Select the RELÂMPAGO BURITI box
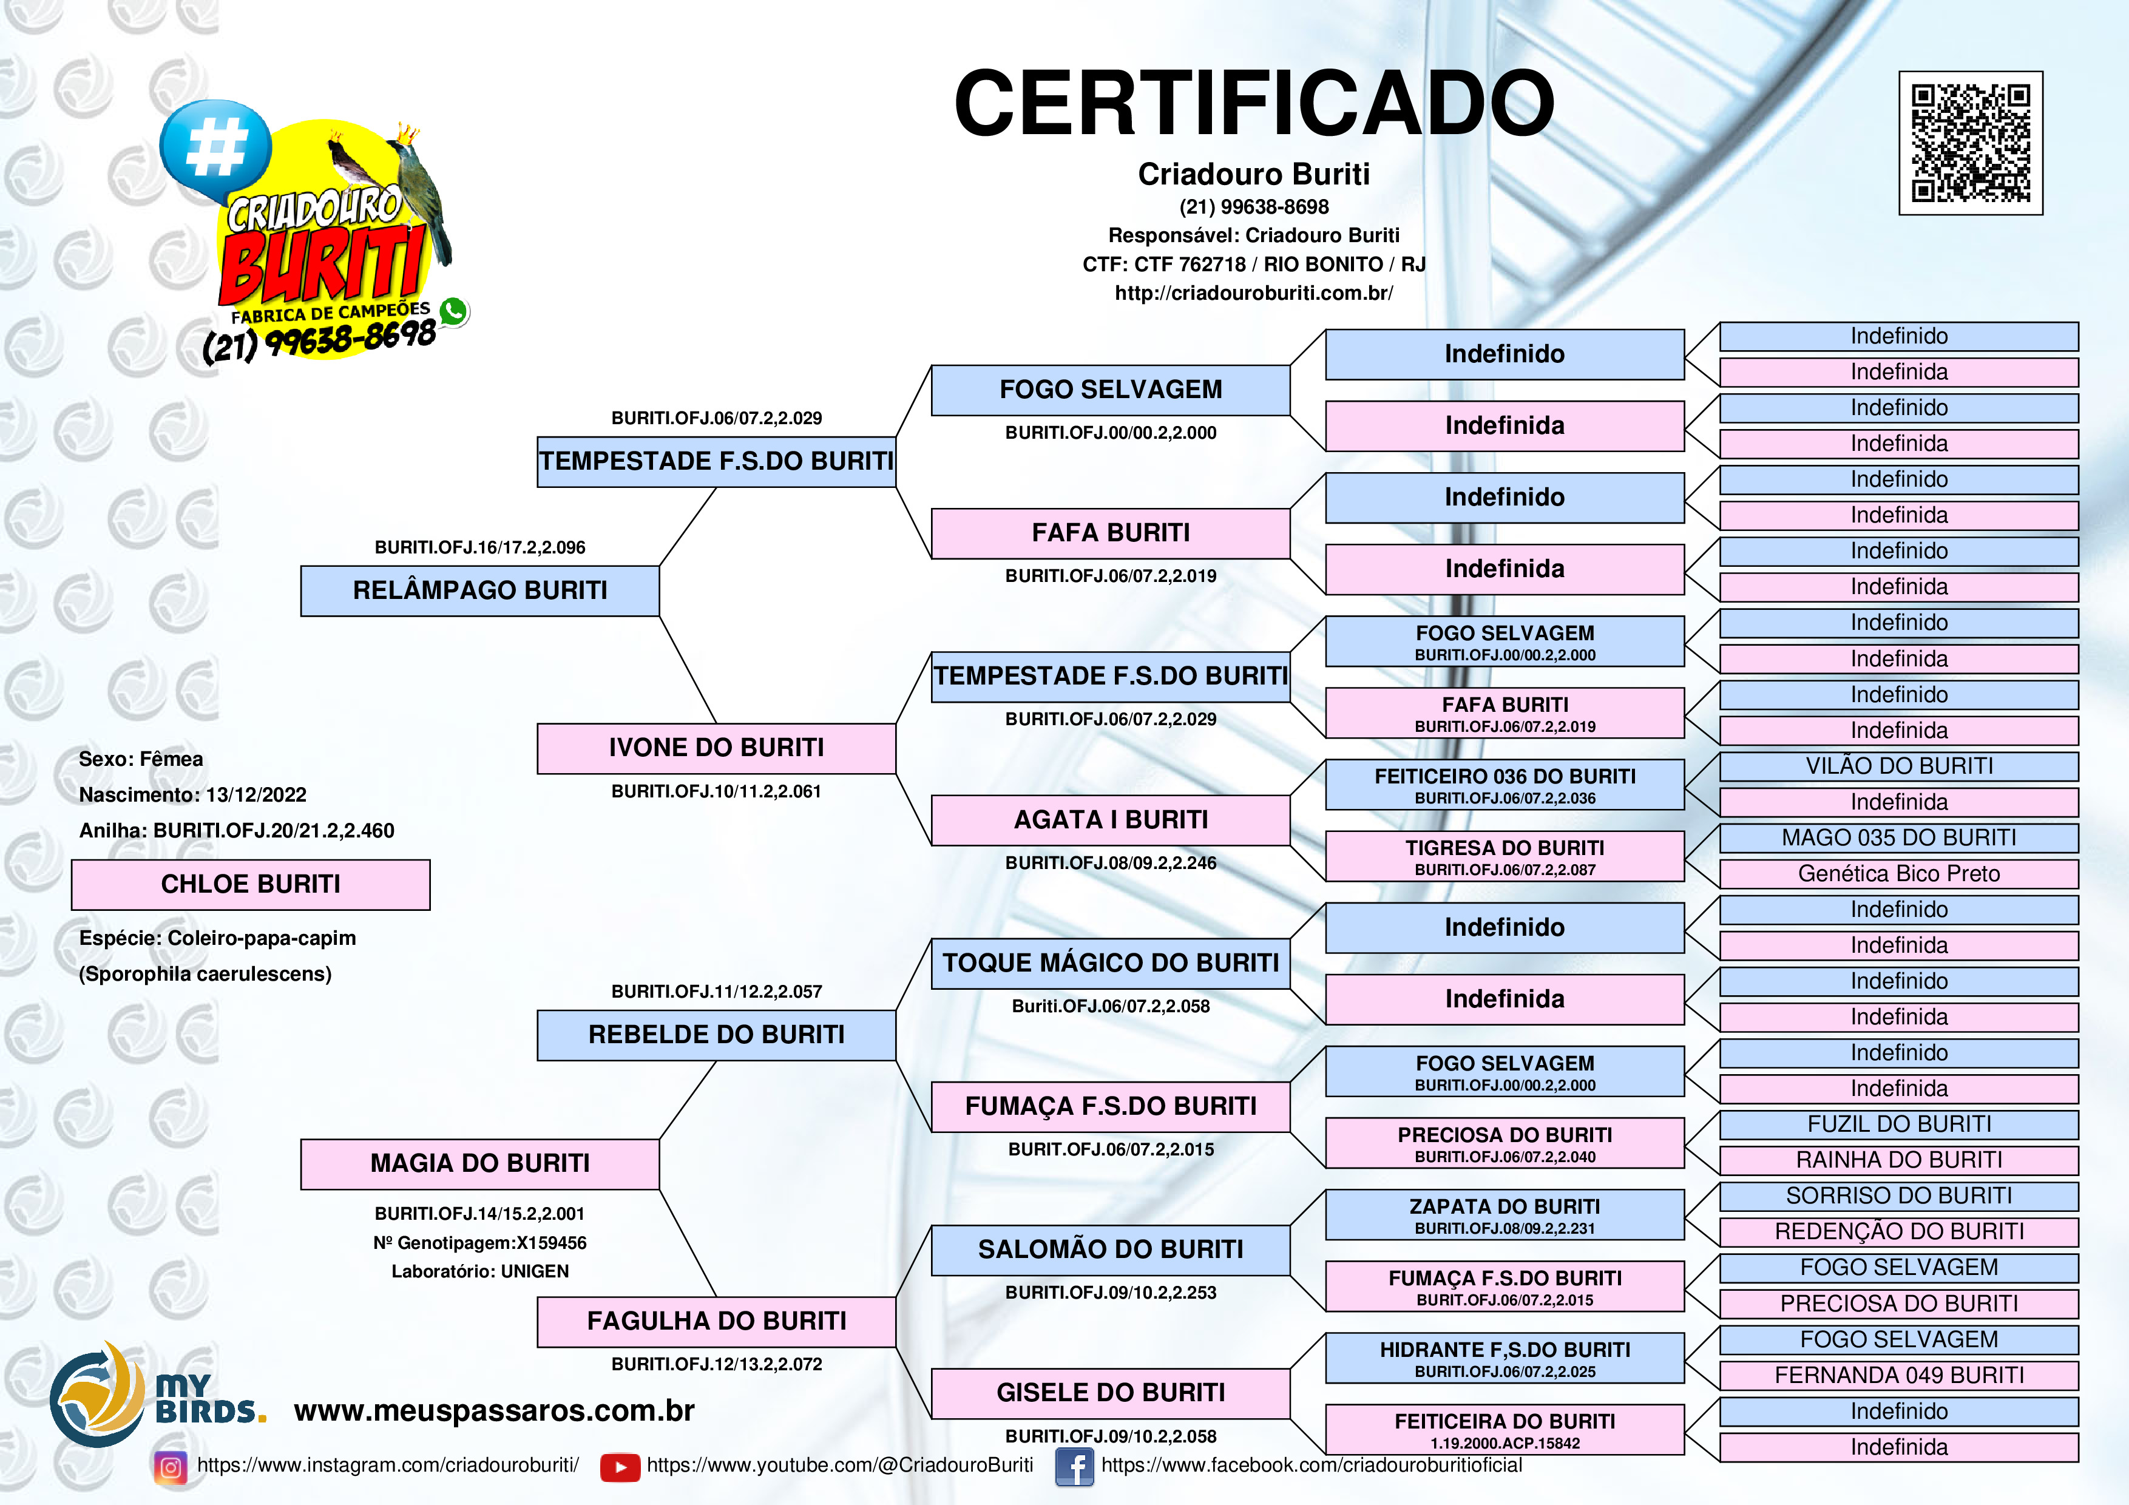pos(479,590)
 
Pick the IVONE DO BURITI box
pos(716,748)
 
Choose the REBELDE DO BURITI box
pos(716,1035)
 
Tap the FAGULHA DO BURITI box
pos(716,1321)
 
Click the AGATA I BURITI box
pos(1110,820)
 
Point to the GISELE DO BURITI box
pos(1110,1393)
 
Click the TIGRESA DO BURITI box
pos(1504,856)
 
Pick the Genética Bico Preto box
pos(1898,873)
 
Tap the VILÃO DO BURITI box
pos(1898,766)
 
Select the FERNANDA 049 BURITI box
pos(1898,1375)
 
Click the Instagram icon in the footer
pos(171,1467)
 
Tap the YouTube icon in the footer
pos(620,1467)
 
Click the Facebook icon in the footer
pos(1074,1467)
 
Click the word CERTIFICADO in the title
pos(1254,103)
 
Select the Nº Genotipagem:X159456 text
pos(479,1243)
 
